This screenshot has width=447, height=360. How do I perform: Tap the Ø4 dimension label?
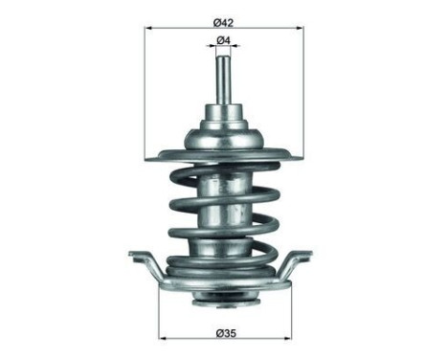223,39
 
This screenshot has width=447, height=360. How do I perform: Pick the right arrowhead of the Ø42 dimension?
298,28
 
